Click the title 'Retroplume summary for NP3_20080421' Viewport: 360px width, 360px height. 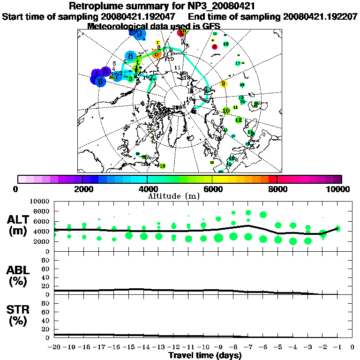[180, 6]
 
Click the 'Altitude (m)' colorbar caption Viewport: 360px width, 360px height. [180, 195]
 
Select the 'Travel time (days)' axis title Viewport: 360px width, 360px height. [205, 355]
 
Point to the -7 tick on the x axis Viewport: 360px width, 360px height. [248, 347]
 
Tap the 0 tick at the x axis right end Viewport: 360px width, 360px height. [352, 347]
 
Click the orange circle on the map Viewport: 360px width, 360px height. [157, 53]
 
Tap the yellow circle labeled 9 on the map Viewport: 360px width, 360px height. [223, 84]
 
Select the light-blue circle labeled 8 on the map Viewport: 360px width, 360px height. [131, 57]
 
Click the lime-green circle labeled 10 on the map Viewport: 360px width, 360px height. [226, 111]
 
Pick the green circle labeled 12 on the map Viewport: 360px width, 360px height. [239, 120]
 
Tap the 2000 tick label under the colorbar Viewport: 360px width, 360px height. [82, 189]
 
